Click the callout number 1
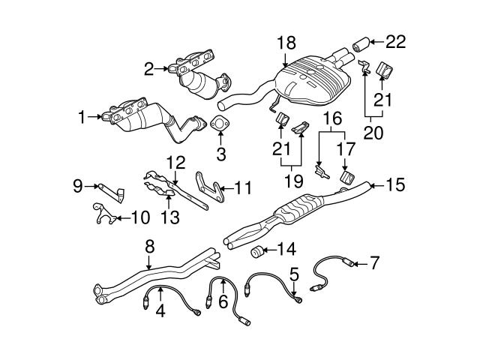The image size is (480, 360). point(81,116)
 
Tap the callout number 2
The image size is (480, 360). point(148,69)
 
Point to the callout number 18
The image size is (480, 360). point(287,43)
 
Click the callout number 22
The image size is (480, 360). point(395,42)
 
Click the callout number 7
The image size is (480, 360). point(373,262)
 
